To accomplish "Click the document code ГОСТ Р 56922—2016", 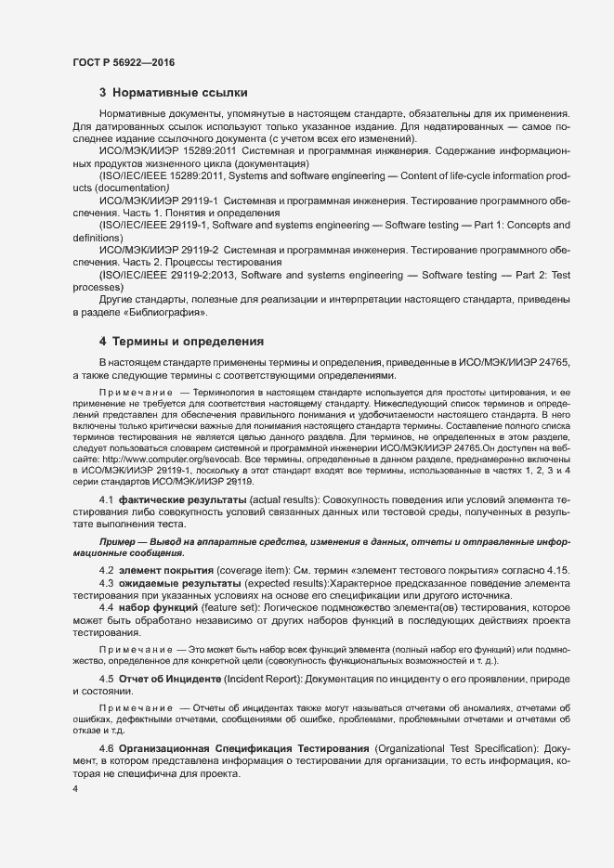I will [x=124, y=62].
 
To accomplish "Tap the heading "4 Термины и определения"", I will [x=181, y=342].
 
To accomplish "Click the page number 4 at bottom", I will [x=75, y=787].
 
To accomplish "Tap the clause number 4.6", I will [x=106, y=747].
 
